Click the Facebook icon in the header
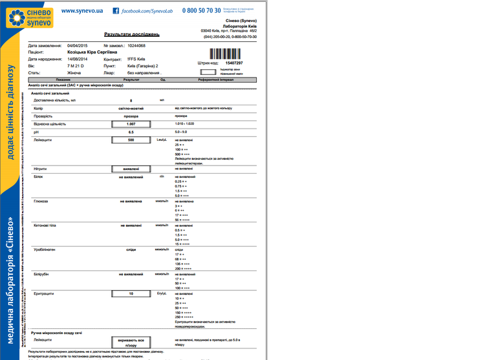coord(116,11)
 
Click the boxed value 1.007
coord(131,123)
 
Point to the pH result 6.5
coord(131,132)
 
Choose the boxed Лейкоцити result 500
coord(131,140)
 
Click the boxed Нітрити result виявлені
coord(131,169)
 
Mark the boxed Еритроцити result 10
coord(131,293)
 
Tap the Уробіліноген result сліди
coord(131,248)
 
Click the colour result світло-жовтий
coord(131,108)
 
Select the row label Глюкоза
coord(39,202)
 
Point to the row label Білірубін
coord(41,273)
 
